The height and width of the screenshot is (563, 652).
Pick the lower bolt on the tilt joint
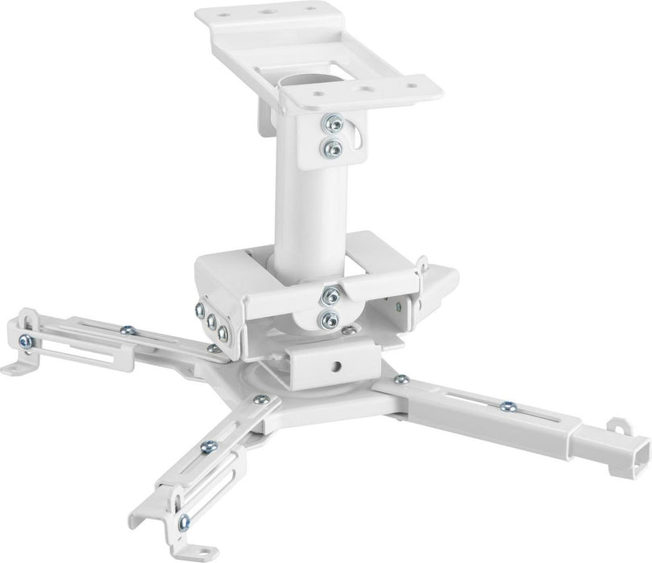tap(327, 320)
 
